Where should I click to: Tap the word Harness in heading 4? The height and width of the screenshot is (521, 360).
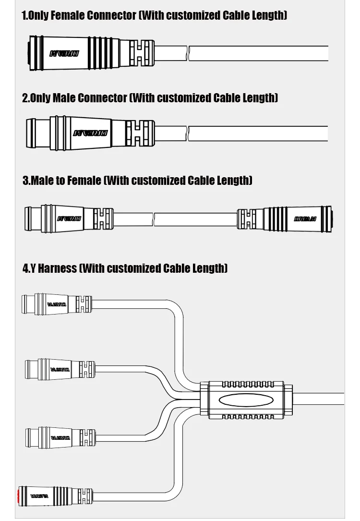(x=57, y=268)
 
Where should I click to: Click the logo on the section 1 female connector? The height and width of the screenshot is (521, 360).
(x=64, y=53)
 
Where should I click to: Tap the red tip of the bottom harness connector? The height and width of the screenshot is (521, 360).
(x=21, y=495)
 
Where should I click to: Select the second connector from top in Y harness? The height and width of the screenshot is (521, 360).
(x=60, y=369)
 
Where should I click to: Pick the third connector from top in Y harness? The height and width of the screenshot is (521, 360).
(x=60, y=436)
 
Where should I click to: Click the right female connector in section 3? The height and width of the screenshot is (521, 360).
(x=285, y=218)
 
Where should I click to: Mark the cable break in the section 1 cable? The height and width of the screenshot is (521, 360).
(x=189, y=53)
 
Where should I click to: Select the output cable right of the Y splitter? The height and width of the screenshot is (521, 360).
(x=319, y=399)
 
